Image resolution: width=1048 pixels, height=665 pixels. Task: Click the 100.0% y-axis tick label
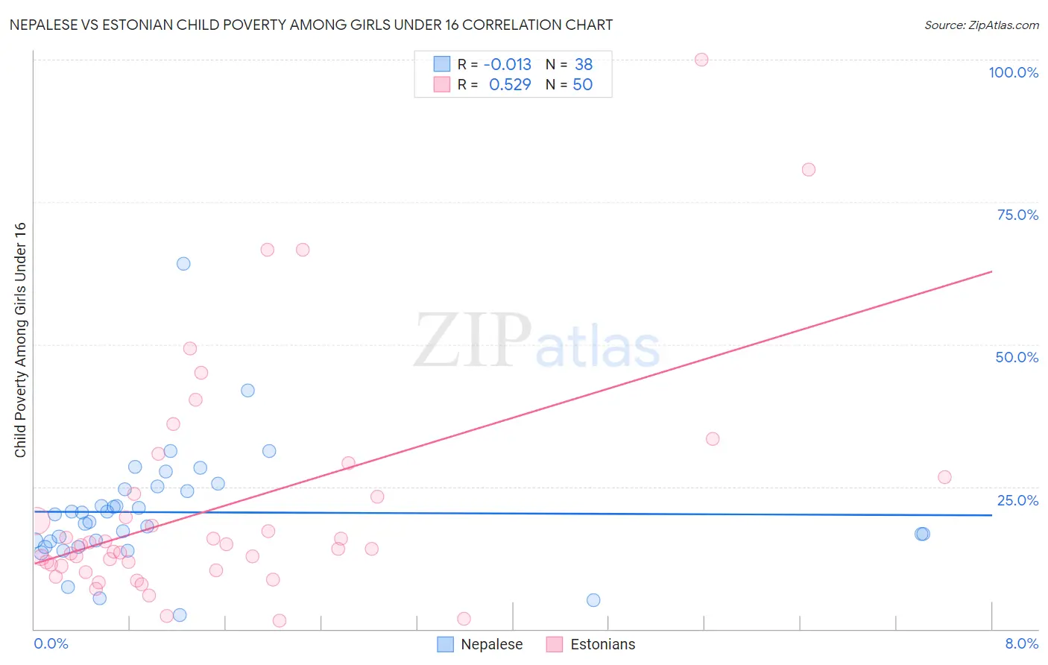pos(1013,72)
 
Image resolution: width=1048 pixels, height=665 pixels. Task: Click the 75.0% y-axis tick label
pos(1017,215)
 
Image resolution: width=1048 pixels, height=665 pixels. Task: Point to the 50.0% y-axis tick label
pos(1017,357)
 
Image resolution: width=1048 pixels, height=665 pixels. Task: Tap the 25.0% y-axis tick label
pos(1017,500)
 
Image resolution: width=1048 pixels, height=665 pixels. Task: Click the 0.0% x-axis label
pos(51,643)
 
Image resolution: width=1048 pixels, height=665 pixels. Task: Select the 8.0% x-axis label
pos(1021,643)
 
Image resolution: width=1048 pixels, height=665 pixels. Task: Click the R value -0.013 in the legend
pos(507,64)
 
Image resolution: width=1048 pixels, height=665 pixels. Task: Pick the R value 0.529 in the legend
pos(510,85)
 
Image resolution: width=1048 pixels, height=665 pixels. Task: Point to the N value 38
pos(584,64)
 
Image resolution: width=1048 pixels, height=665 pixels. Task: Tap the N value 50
pos(582,85)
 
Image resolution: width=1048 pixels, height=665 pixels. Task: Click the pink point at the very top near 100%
pos(701,60)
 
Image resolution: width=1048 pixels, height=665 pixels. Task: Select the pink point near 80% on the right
pos(809,169)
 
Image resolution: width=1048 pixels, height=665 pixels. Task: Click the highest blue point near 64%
pos(183,263)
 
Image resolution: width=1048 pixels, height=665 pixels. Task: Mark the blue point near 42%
pos(247,390)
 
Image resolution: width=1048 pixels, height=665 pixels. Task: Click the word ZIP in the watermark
pos(473,341)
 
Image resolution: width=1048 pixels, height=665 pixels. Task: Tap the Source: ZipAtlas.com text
pos(981,25)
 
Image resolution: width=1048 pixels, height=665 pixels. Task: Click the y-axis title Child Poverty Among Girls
pos(20,339)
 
